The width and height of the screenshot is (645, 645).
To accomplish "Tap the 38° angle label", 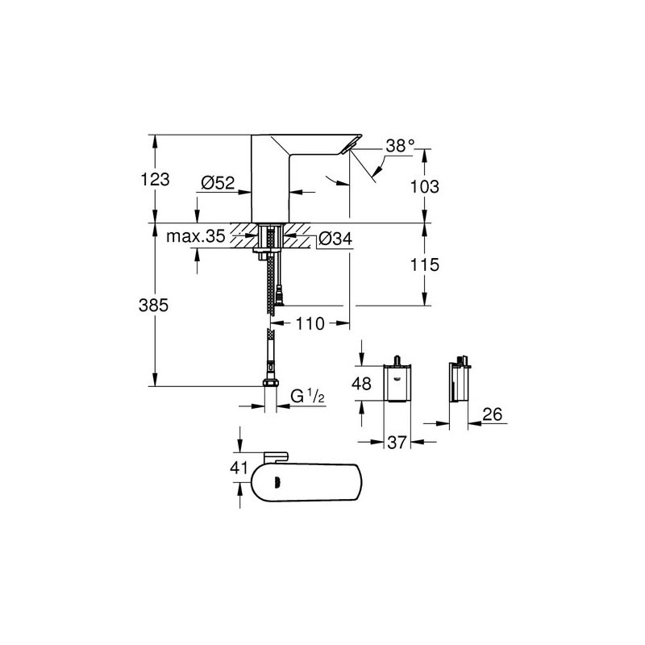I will click(399, 146).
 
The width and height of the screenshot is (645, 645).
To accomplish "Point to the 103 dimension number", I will click(424, 186).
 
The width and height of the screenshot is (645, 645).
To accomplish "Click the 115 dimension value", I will click(424, 264).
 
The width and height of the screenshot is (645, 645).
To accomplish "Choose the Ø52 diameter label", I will click(217, 183).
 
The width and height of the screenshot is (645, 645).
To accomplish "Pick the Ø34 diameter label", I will click(334, 239).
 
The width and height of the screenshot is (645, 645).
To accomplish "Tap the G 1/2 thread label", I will click(307, 396).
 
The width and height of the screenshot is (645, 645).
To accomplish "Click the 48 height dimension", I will click(363, 385).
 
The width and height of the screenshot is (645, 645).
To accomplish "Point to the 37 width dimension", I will click(395, 442).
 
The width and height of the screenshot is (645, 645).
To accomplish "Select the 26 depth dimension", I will click(494, 415).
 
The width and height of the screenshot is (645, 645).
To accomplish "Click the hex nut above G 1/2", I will click(270, 384).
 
